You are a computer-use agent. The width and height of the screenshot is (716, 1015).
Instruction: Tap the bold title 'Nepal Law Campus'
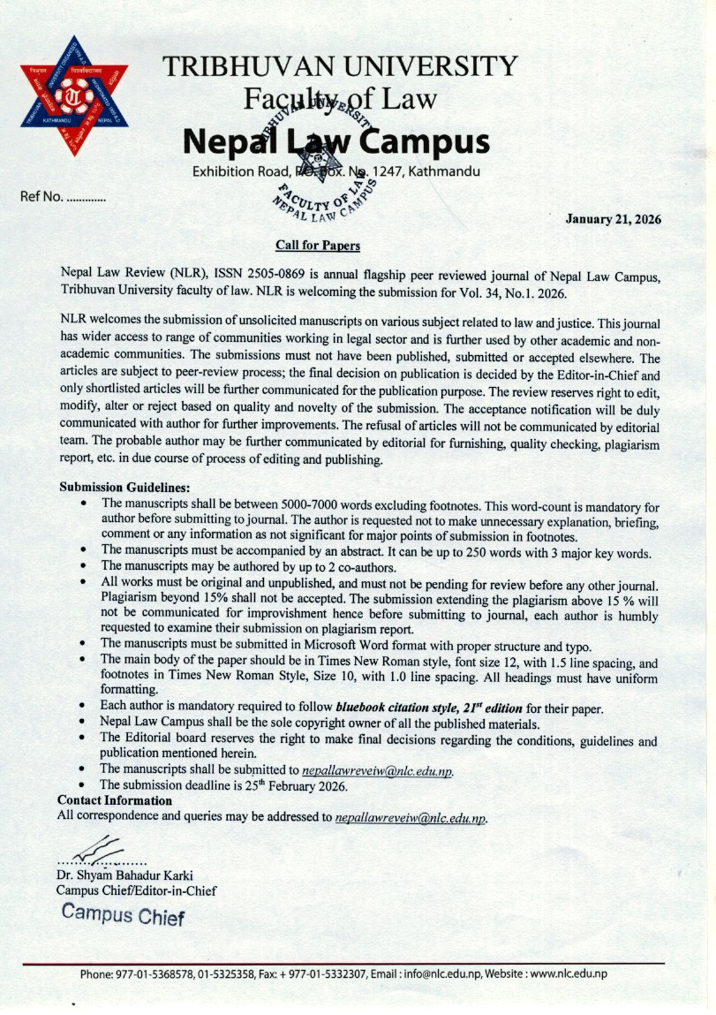click(335, 140)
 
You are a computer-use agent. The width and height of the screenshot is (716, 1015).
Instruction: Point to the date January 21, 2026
click(613, 219)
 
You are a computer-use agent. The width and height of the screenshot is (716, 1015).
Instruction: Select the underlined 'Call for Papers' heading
click(318, 245)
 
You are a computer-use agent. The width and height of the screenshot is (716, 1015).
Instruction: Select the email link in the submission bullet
click(378, 770)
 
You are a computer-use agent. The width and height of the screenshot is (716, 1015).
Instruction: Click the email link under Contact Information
click(411, 817)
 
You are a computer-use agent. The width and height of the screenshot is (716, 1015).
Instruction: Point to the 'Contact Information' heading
click(114, 800)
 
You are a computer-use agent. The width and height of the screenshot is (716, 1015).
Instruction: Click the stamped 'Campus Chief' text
click(123, 915)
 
